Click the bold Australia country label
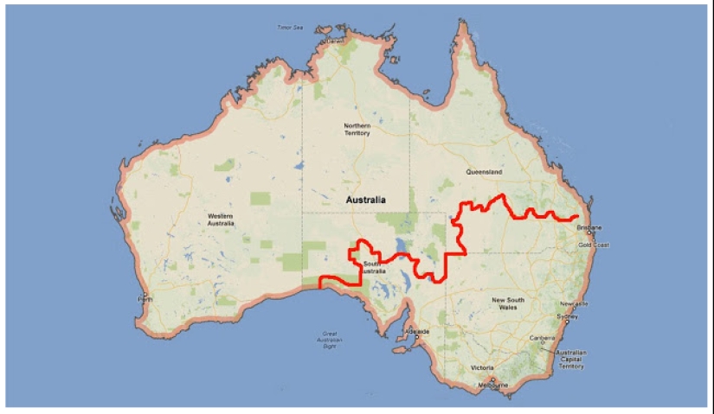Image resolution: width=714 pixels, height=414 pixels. coord(364,201)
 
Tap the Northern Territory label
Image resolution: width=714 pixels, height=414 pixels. coord(357,130)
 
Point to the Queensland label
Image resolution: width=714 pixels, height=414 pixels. coord(484,172)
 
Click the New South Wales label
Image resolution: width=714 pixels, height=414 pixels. coord(509,304)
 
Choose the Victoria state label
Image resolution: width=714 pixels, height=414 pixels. coord(482,367)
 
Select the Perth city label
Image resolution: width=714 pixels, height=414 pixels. coord(145,299)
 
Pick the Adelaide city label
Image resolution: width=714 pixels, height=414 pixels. coord(418,331)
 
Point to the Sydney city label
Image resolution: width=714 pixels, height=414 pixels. coord(568,316)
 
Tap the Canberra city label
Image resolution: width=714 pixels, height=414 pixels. coord(544,338)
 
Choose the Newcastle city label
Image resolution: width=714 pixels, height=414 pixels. coord(575,304)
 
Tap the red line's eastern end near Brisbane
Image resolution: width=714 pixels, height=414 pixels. coord(578,218)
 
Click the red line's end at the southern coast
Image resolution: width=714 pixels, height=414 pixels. coord(321,286)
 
